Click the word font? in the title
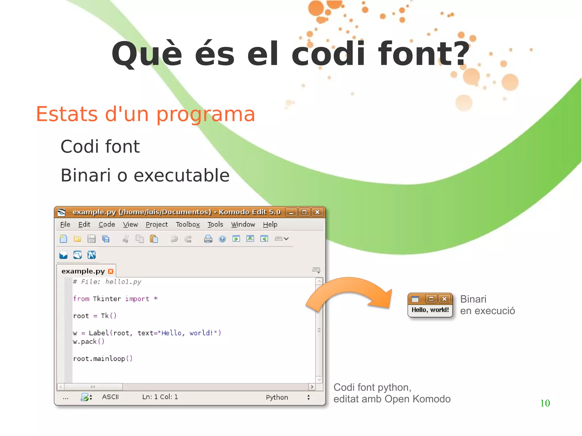pos(423,54)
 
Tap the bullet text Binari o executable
pos(145,175)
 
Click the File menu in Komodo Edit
pos(65,224)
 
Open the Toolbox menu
pos(188,224)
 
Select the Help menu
pos(270,224)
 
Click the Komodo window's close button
pos(317,212)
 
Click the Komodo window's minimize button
pos(291,212)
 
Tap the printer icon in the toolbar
pos(208,239)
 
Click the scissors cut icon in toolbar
pos(126,239)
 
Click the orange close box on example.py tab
pos(111,271)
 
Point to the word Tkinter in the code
pos(107,299)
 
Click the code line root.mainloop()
pos(103,359)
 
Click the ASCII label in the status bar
pos(110,397)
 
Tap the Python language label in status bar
pos(277,397)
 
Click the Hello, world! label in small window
pos(430,310)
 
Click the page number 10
pos(545,403)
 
